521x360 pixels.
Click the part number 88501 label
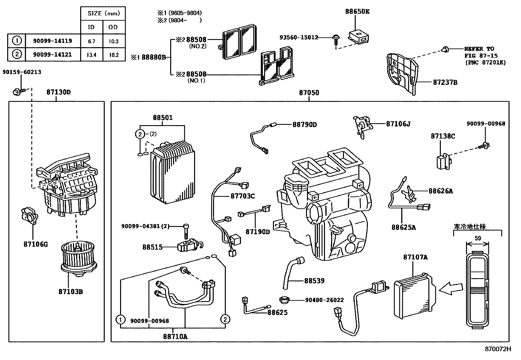(163, 118)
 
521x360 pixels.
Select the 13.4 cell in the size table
(91, 55)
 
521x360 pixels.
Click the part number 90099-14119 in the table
(52, 41)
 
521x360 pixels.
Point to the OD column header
(113, 27)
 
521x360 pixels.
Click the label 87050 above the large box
(309, 93)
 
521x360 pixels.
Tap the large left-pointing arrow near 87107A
(451, 289)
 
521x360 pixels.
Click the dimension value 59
(477, 238)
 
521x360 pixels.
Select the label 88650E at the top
(357, 11)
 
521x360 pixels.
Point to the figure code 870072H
(497, 349)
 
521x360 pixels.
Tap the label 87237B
(445, 82)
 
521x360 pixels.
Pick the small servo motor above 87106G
(29, 216)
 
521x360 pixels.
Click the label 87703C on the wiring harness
(243, 196)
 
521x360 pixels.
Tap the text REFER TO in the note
(479, 49)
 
